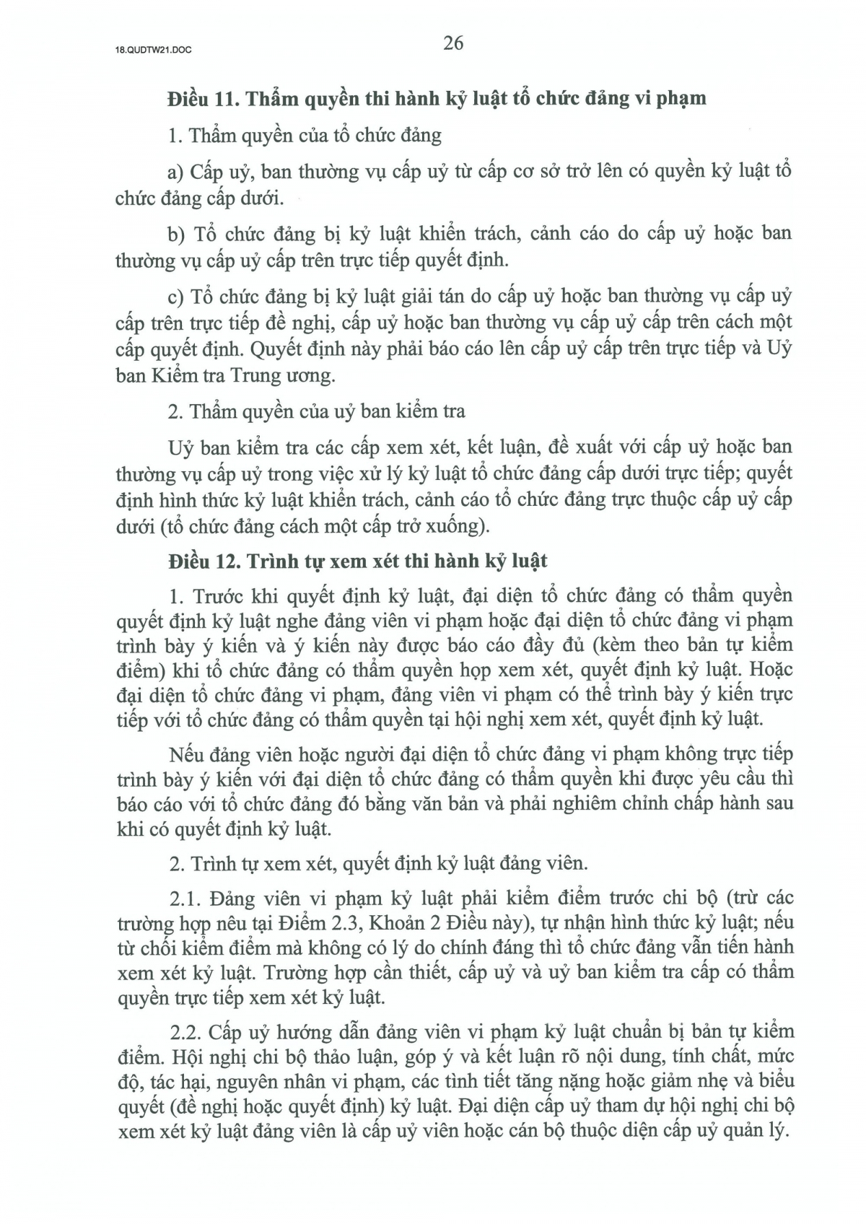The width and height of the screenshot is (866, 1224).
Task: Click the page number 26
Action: coord(453,43)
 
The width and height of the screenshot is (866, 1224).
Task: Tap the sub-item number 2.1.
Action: coord(184,899)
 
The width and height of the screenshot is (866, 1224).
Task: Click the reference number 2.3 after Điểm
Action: coord(344,923)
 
